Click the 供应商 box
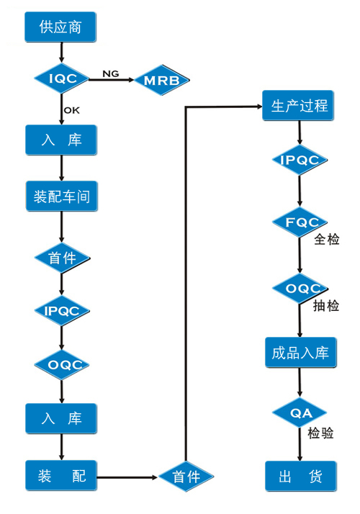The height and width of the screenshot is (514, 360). point(60,27)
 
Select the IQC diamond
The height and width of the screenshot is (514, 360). point(62,78)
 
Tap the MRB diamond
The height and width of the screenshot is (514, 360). point(162,80)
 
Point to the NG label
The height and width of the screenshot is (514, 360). point(110,73)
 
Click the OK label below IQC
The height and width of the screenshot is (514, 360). point(72,110)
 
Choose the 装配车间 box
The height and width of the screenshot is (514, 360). point(62,196)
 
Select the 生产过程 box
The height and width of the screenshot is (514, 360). point(298,106)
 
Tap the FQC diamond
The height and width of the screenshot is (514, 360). point(300,222)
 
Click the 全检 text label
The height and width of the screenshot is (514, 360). point(327,239)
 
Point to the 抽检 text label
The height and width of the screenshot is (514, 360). point(326,305)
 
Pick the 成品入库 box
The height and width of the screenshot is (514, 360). point(301,353)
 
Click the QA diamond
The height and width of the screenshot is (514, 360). point(300,412)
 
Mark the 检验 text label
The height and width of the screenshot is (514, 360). point(320,433)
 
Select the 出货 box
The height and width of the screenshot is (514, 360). point(301,476)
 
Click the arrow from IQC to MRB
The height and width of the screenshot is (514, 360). point(112,79)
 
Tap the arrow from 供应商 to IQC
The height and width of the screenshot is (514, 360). point(61,52)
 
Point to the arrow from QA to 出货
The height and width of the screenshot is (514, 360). point(300,444)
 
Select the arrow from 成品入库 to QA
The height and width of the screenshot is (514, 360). point(300,382)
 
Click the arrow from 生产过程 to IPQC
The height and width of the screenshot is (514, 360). point(300,132)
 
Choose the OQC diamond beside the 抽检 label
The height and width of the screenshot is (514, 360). point(300,289)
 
